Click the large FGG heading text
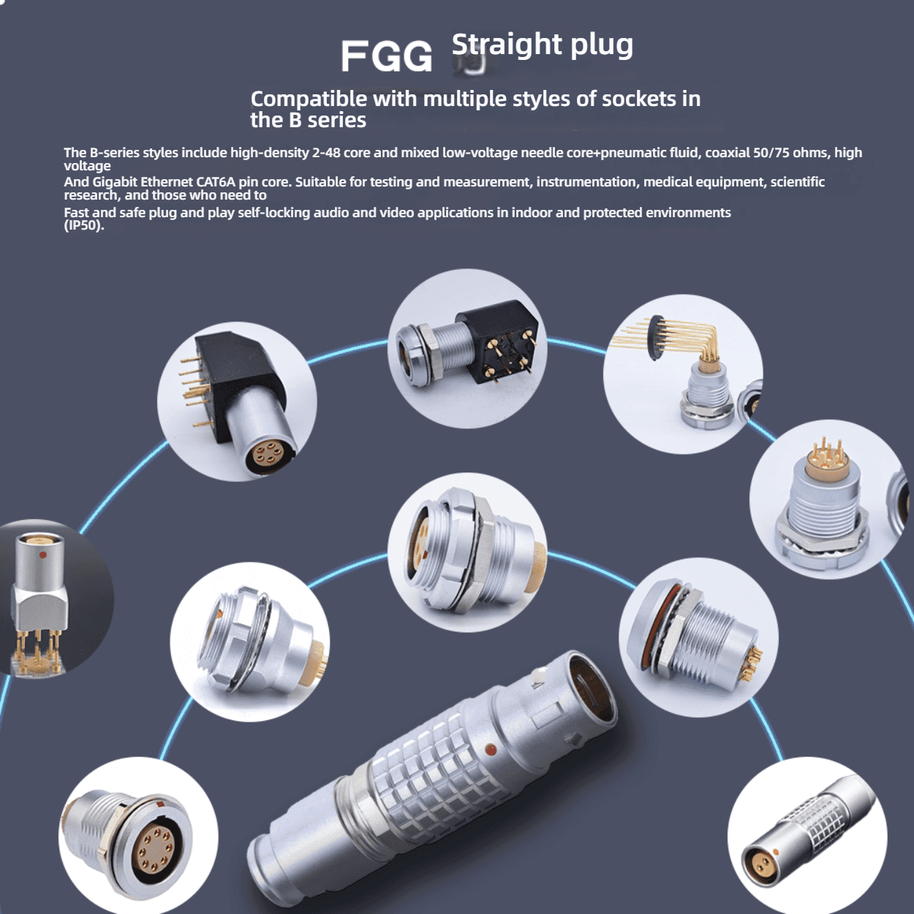tap(387, 56)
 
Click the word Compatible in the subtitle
tap(309, 99)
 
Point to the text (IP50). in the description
tap(84, 226)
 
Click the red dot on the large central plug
tap(491, 750)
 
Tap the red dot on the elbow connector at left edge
tap(43, 554)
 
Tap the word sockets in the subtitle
tap(638, 99)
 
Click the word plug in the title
tap(602, 45)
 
